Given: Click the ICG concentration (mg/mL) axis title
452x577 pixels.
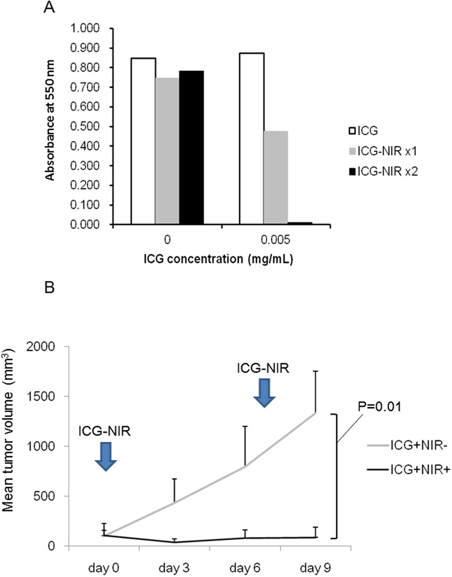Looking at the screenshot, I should point(220,261).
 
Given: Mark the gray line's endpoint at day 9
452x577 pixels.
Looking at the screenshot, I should point(316,413).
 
